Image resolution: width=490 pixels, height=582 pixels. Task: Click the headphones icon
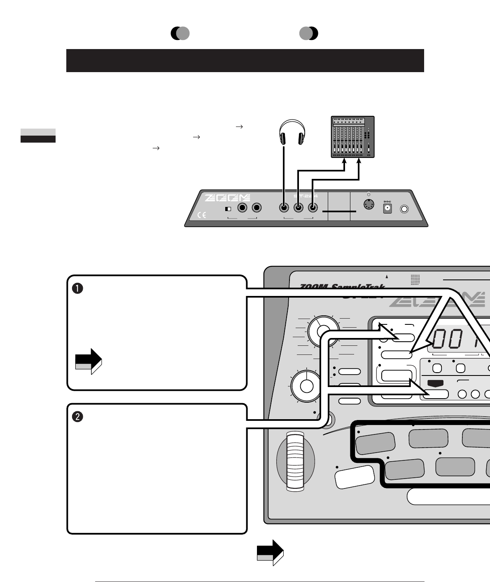coord(292,132)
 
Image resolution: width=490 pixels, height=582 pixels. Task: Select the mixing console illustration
coord(353,137)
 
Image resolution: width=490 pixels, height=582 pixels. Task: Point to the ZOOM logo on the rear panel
coord(228,198)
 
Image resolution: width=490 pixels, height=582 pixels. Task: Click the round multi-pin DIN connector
coord(369,204)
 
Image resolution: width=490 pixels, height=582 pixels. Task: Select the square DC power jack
coord(387,209)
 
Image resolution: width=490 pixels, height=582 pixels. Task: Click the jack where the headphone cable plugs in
coord(284,208)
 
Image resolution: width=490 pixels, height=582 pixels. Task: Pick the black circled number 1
coord(78,289)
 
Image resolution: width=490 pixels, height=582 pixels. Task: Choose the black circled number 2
coord(78,417)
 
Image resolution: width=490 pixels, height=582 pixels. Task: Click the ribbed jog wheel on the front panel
coord(295,461)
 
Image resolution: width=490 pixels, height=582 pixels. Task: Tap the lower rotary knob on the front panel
coord(306,386)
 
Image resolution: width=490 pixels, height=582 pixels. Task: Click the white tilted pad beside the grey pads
coord(355,476)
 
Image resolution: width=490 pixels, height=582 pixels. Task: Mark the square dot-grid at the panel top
coord(415,280)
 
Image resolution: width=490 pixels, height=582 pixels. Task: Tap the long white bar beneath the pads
coord(449,496)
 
